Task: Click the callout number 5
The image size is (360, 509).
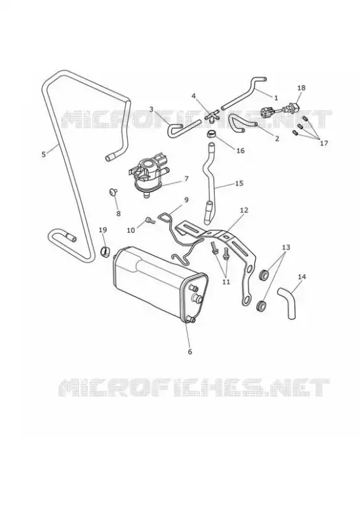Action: click(x=44, y=154)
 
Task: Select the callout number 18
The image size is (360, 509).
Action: click(x=301, y=88)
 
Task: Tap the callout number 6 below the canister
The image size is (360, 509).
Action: click(x=190, y=352)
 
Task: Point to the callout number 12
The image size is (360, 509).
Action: click(x=244, y=211)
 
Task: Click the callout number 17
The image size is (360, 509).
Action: click(x=324, y=143)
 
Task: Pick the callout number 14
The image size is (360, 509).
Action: click(x=301, y=277)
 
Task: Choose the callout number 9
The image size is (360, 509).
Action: click(x=186, y=200)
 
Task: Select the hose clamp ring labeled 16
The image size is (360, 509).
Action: click(x=211, y=134)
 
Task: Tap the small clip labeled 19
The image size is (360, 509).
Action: click(x=105, y=251)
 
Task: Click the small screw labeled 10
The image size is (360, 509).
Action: click(x=149, y=220)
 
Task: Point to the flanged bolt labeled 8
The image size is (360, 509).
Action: click(x=113, y=192)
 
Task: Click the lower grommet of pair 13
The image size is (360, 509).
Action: click(x=261, y=307)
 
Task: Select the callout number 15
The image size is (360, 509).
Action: click(x=239, y=183)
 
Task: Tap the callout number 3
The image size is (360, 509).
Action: click(x=151, y=109)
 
